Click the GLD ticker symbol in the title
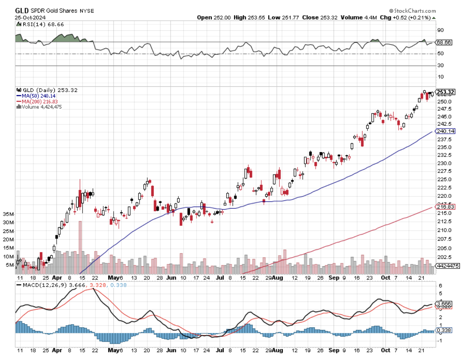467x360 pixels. coord(22,10)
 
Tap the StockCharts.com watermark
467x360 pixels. coord(412,11)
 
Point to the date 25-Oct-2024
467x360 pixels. coord(30,17)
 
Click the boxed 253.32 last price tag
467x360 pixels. coord(445,92)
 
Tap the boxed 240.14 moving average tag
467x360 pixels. coord(446,131)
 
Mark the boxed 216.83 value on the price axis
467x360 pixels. coord(446,207)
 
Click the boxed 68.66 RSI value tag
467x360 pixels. coord(444,43)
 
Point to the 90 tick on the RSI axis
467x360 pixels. coord(440,30)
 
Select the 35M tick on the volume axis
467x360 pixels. coord(8,214)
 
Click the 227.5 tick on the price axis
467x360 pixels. coord(444,171)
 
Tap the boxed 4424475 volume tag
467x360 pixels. coord(447,266)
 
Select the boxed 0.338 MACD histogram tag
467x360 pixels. coord(444,330)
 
